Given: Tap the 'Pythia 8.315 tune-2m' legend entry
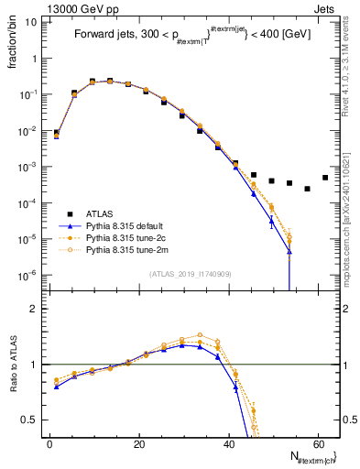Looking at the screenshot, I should click(127, 248).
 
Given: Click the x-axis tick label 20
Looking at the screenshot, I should click(138, 444).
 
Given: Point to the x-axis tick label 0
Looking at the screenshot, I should click(49, 444).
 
